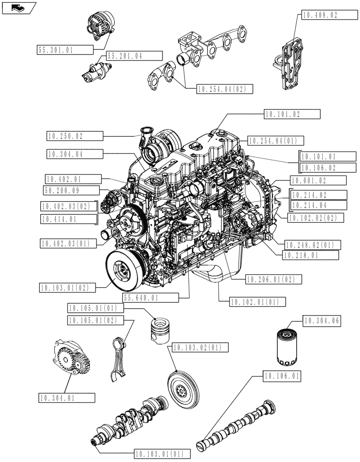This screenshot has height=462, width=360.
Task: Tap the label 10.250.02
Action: pyautogui.click(x=74, y=136)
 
